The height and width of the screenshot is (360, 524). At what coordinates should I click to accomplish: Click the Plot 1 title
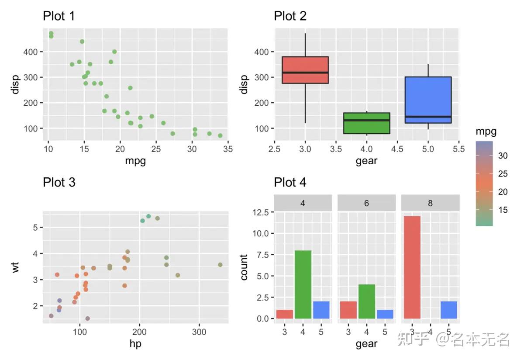59,16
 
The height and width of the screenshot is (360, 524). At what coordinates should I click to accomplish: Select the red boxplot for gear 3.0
305,70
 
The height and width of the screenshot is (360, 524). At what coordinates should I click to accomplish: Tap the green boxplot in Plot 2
367,123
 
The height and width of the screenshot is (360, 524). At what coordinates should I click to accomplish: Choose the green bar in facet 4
303,284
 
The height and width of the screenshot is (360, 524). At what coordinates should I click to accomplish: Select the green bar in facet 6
366,301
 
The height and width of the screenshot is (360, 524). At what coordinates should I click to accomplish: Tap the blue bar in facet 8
448,310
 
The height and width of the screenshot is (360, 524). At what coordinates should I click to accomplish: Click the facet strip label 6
366,203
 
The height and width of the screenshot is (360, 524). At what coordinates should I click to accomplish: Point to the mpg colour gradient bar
484,183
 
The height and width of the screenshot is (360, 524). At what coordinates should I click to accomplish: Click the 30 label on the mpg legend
503,156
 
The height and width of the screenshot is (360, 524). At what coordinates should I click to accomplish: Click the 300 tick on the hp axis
199,331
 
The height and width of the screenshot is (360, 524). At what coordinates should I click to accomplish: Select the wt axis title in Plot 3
16,267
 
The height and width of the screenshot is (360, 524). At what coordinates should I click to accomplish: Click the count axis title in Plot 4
244,267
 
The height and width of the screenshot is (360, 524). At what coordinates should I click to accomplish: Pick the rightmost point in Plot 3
220,265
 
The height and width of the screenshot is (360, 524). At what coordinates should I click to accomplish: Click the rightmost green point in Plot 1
220,135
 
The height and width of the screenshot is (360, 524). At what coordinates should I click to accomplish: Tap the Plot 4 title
290,182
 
